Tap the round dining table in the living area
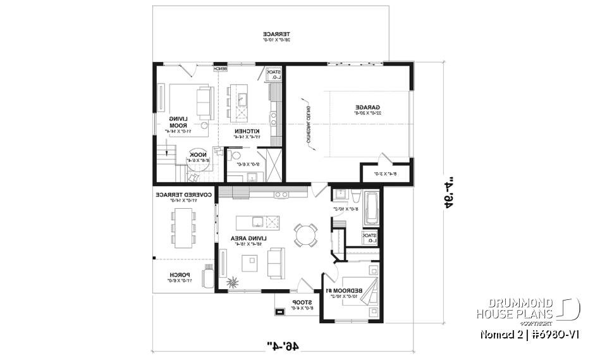(307, 235)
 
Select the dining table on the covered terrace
(182, 227)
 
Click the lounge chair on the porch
(207, 278)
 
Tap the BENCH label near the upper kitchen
(220, 68)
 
